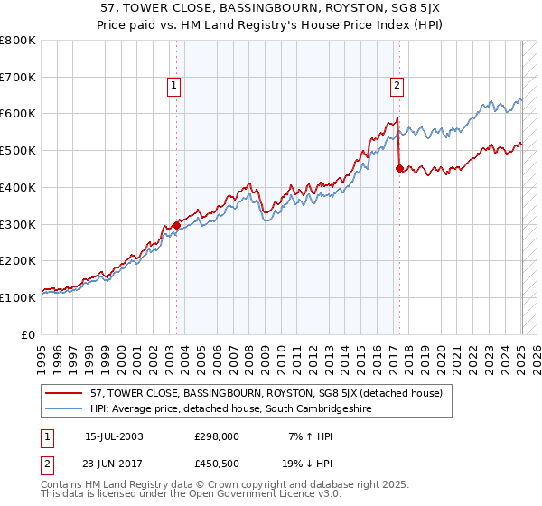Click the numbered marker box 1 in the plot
[173, 86]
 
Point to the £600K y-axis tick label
[18, 114]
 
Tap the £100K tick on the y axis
[18, 297]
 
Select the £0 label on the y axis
[29, 334]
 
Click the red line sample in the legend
[63, 394]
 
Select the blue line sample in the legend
[63, 409]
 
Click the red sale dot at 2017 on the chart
[399, 167]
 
